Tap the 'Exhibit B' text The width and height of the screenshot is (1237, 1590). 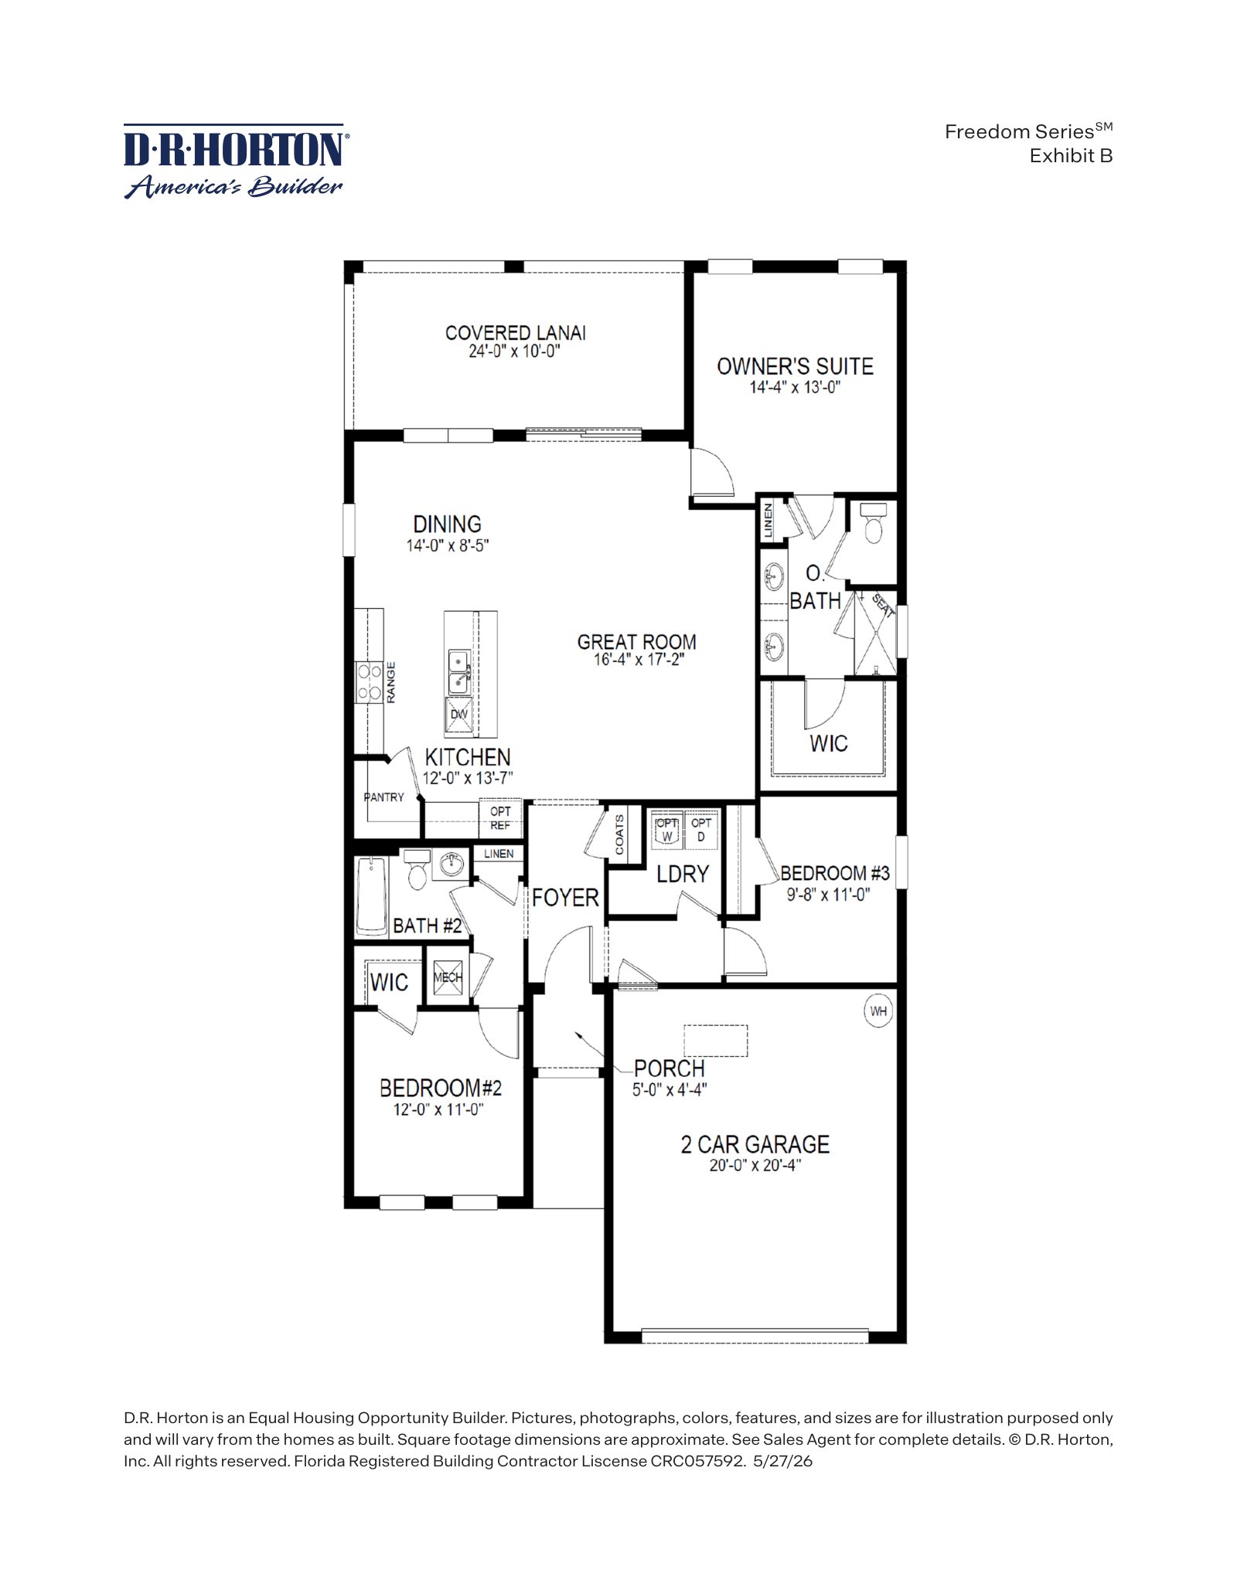1071,155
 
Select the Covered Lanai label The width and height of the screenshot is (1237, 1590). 515,333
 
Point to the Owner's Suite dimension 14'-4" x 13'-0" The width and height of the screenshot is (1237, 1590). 794,387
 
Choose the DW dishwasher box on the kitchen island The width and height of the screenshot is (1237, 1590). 459,715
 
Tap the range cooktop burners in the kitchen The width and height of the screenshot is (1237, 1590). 370,683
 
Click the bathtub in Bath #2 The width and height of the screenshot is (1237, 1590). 372,896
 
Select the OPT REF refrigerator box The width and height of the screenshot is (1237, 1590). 500,819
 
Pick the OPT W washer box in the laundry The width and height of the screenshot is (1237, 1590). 666,830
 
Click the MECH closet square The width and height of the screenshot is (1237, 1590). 447,977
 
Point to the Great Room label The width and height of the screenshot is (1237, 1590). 636,642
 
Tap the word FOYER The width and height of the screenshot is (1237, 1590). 565,898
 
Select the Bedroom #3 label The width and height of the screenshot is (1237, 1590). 835,874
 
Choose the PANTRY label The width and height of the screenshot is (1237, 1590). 384,797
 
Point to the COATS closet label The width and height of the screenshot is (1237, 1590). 620,835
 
